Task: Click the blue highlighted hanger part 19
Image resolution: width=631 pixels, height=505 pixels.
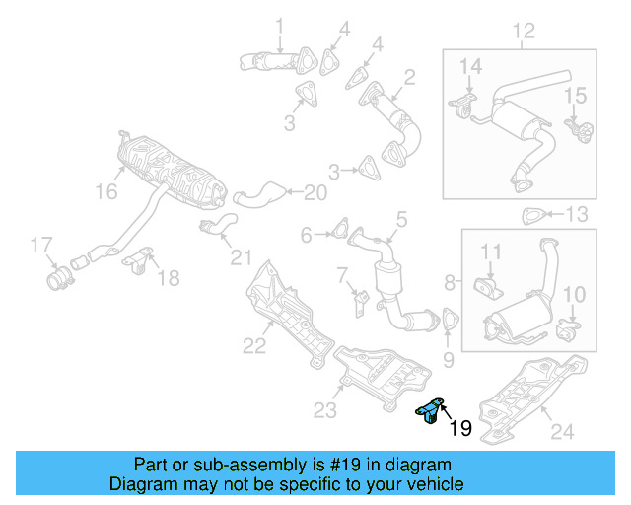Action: pyautogui.click(x=429, y=412)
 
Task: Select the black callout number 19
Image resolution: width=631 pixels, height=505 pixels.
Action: pyautogui.click(x=460, y=428)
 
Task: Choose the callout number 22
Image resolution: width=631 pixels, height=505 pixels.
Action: pyautogui.click(x=254, y=344)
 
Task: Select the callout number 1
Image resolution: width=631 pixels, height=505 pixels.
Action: pyautogui.click(x=279, y=25)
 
